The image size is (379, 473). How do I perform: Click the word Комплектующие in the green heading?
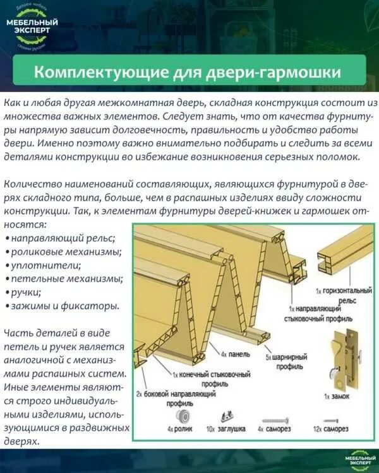(100, 71)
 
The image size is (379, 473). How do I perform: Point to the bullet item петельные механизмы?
(66, 278)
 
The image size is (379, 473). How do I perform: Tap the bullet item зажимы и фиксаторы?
(64, 305)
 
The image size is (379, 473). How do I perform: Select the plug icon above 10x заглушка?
(224, 417)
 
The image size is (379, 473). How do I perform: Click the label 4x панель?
(235, 355)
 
